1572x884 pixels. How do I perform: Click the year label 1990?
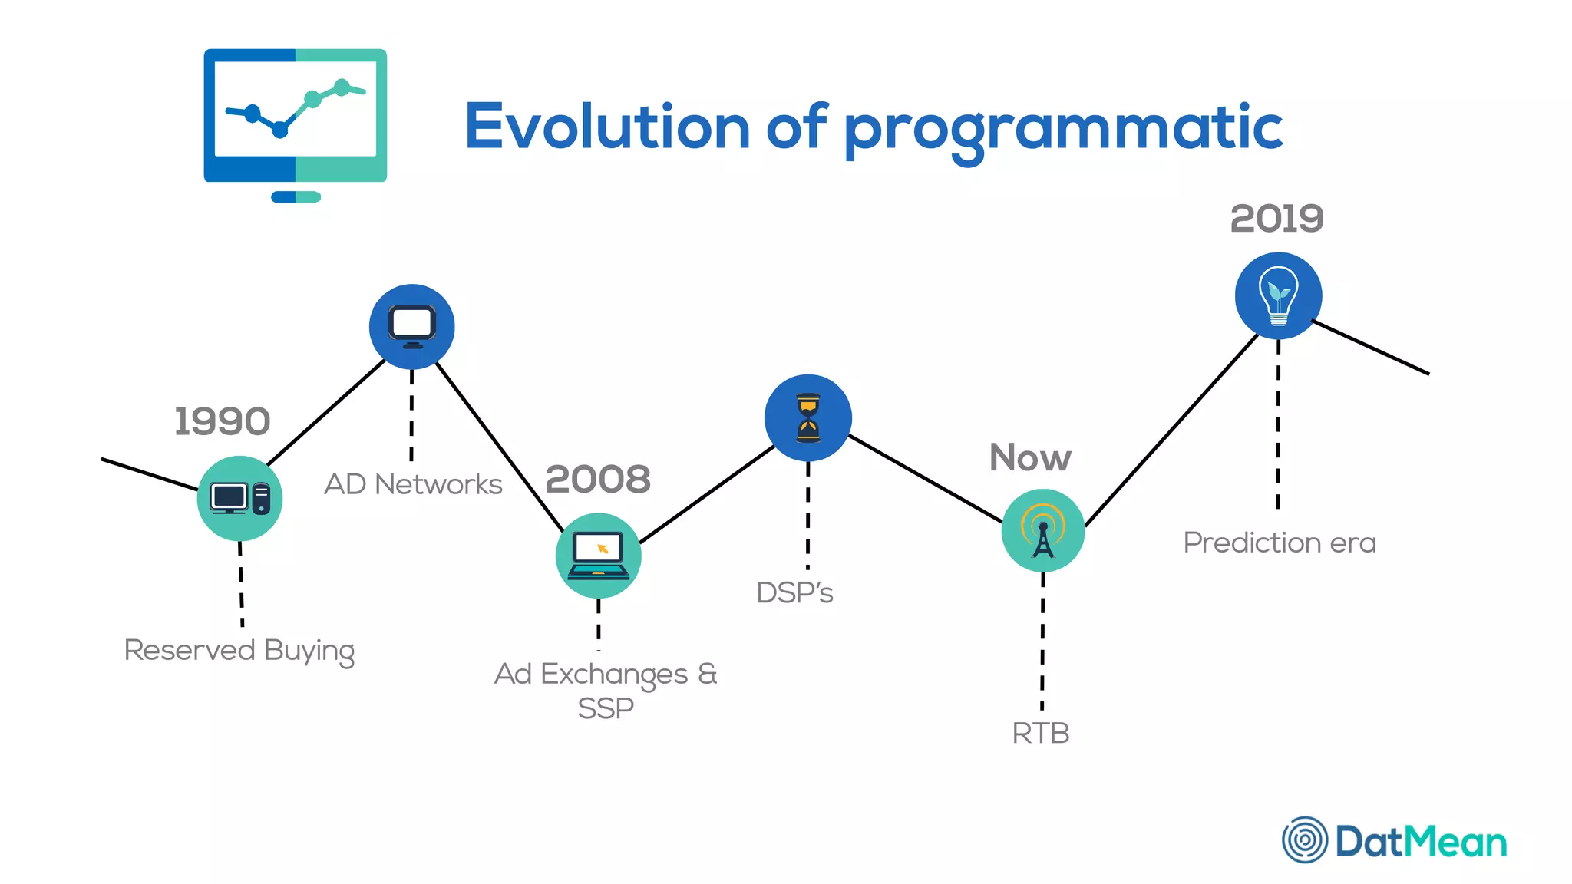223,421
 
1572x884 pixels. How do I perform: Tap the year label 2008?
598,480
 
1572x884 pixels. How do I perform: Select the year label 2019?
1276,219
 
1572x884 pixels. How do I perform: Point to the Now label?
1030,458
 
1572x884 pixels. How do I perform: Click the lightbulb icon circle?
1278,296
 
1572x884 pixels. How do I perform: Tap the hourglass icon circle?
807,417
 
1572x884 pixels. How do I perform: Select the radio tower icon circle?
1042,530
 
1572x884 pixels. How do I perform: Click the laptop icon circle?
598,556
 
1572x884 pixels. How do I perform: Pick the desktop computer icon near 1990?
239,499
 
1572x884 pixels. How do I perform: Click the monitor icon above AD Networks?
412,326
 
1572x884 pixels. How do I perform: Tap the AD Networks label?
413,484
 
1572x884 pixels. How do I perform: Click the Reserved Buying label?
239,650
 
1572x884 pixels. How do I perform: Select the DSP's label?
794,592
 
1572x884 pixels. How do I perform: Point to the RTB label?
1040,733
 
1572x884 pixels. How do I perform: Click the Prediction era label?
1280,543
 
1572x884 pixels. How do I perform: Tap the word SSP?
606,708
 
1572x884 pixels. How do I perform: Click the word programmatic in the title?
1063,128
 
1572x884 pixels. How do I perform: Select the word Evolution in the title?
607,127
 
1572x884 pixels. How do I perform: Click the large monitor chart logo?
296,123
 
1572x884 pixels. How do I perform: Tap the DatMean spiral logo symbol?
1304,839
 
